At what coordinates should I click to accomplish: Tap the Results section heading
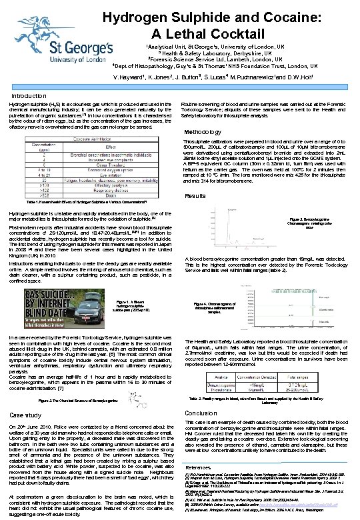(195, 196)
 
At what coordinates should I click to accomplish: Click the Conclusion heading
(201, 413)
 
